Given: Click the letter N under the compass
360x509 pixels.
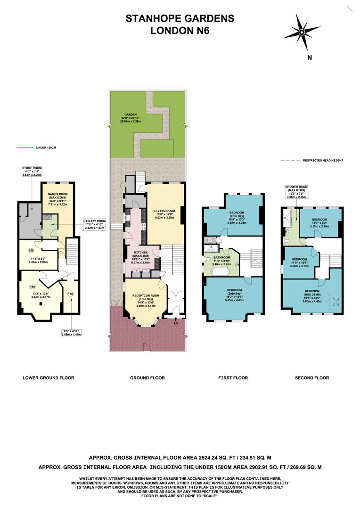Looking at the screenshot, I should click(x=310, y=58).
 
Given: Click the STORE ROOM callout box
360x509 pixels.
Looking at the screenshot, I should click(x=32, y=171).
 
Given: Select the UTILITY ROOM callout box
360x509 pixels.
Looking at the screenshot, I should click(x=95, y=224).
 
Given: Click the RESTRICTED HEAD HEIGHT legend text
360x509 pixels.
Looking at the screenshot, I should click(x=323, y=161).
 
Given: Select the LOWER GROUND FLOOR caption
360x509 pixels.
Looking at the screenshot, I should click(x=49, y=378).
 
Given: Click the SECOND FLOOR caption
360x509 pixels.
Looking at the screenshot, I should click(x=311, y=378).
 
